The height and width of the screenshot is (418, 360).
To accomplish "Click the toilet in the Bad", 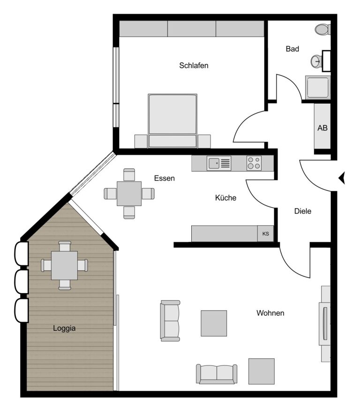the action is click(322, 30).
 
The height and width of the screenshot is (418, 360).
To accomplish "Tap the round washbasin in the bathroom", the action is click(316, 61).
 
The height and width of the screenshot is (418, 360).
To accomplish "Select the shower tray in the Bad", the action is click(318, 87).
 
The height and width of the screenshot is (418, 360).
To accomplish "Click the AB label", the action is click(322, 128).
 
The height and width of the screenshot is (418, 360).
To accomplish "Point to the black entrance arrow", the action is click(342, 178).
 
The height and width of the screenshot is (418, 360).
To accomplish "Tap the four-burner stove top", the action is click(254, 163).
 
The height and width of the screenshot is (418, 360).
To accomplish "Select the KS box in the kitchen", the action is click(265, 234).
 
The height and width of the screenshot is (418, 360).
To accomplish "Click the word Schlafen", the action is click(194, 65).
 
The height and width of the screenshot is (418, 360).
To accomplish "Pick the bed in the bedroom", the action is click(172, 121).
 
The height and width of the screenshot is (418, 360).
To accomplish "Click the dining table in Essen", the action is click(129, 194).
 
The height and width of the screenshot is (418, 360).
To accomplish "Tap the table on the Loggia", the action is click(64, 265).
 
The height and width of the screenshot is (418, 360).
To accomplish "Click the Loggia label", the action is click(64, 328).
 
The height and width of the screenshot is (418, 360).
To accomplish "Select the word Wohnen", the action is click(270, 313).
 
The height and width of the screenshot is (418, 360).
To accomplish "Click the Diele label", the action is click(303, 211).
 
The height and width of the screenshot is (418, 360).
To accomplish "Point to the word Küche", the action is click(225, 198).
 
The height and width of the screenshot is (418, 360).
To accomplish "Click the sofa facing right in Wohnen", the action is click(170, 321).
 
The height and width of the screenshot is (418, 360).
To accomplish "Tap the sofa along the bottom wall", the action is click(217, 374).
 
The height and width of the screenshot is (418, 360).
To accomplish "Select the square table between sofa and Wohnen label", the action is click(214, 323).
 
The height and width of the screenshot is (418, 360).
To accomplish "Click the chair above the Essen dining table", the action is click(129, 175).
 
